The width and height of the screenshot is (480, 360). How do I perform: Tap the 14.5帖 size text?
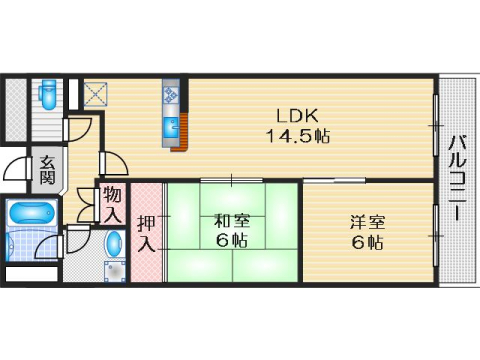297,134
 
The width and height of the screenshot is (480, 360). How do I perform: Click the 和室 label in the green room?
231,219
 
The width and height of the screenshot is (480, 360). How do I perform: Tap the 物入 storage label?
111,204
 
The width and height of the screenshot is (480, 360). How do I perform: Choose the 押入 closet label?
146,232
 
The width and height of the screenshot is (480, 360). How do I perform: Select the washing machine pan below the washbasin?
115,268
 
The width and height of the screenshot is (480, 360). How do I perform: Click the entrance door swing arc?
18,168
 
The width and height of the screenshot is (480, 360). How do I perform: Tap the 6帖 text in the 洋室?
367,241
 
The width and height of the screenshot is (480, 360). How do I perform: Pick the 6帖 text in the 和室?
231,240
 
